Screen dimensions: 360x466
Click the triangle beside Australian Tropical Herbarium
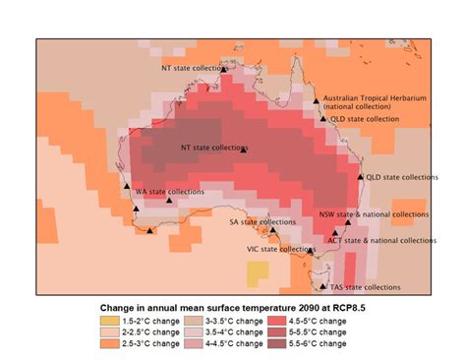pyautogui.click(x=317, y=100)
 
